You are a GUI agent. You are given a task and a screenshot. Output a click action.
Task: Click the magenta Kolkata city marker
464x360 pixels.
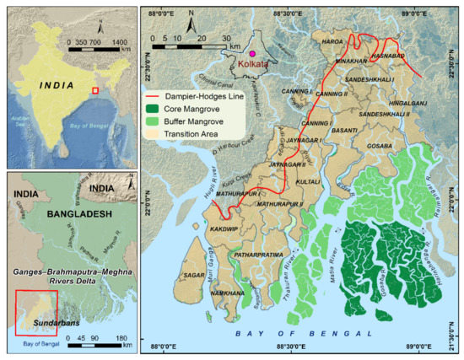pyautogui.click(x=251, y=53)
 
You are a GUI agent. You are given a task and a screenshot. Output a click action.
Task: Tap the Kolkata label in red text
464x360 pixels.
pyautogui.click(x=253, y=64)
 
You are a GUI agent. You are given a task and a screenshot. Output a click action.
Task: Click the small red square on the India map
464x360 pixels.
pyautogui.click(x=95, y=89)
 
